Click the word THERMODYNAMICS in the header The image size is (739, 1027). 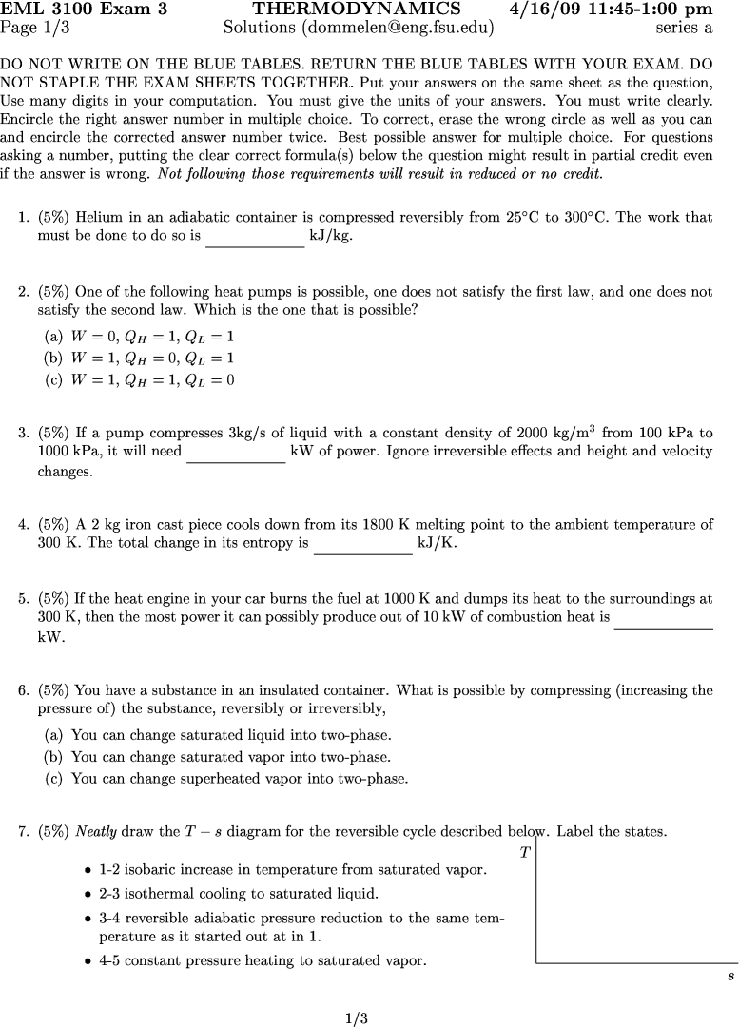coord(357,10)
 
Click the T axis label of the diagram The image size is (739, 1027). coord(525,853)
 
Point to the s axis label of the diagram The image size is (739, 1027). coord(729,977)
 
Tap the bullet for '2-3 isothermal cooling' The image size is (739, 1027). coord(88,895)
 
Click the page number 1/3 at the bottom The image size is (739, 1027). coord(357,1018)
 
